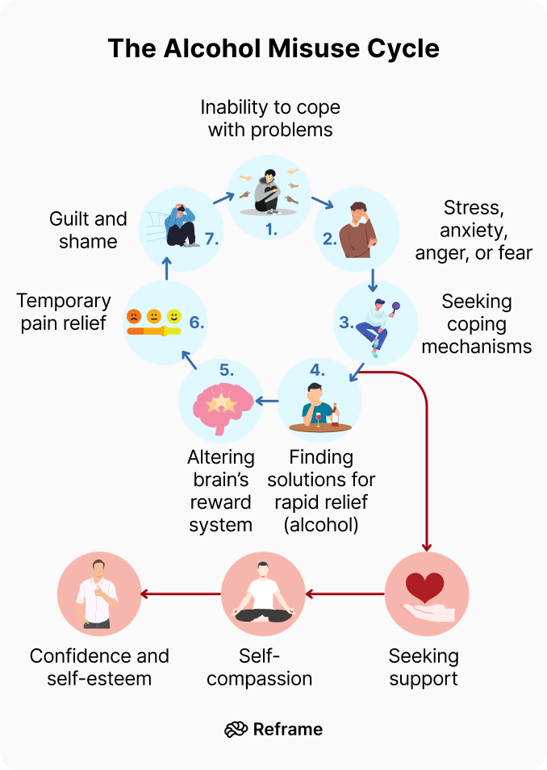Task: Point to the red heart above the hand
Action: [424, 586]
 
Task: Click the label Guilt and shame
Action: [88, 230]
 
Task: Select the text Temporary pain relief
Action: [64, 312]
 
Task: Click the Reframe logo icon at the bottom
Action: [236, 729]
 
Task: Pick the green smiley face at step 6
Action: [174, 315]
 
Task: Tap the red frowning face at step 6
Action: [133, 315]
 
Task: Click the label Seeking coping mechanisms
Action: [476, 324]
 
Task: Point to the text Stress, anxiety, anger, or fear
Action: [474, 231]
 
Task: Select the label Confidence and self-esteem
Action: [99, 667]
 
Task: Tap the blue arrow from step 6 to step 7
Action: [166, 269]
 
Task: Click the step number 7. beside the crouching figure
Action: [211, 239]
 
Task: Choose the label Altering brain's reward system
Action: [221, 491]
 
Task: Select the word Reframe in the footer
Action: [287, 729]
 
